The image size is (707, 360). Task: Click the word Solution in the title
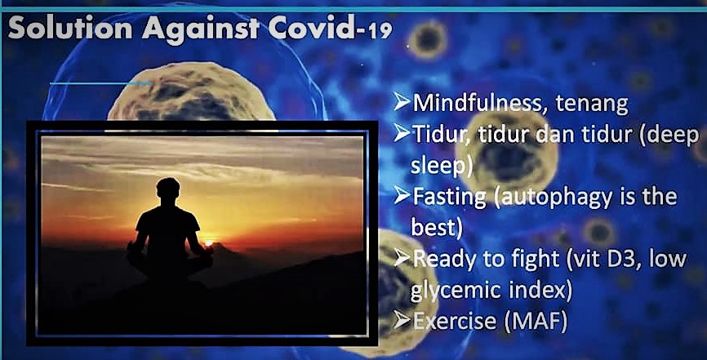click(x=70, y=28)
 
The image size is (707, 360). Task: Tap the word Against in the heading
click(x=201, y=29)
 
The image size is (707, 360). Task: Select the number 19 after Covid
click(x=380, y=32)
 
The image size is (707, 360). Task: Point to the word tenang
click(x=592, y=104)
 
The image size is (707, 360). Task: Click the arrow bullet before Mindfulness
click(x=402, y=102)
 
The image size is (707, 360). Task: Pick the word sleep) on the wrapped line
click(x=442, y=166)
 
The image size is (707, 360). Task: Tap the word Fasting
click(x=450, y=198)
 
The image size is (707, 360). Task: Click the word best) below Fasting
click(x=437, y=228)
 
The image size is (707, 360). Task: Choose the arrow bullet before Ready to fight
click(x=402, y=259)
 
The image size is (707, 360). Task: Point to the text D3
click(x=629, y=260)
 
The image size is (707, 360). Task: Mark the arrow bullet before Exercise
click(x=402, y=321)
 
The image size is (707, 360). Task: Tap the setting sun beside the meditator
click(x=208, y=243)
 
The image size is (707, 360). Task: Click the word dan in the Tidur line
click(x=558, y=135)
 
